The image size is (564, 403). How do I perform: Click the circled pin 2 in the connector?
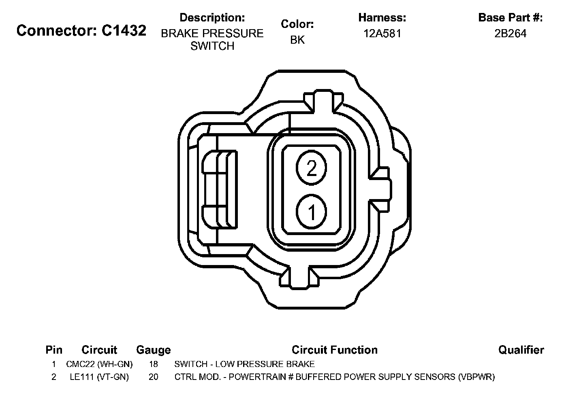(311, 168)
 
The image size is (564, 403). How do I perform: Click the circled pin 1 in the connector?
(311, 212)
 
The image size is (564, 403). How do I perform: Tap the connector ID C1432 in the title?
(124, 30)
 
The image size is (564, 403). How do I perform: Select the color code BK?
(297, 40)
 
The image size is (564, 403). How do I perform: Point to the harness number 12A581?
(382, 34)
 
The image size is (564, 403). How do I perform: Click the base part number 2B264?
(511, 34)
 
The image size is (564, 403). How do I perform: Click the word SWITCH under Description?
(212, 46)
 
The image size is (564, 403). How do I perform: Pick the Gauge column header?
(153, 350)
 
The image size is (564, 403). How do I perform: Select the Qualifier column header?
(521, 350)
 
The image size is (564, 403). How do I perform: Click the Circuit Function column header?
(335, 350)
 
